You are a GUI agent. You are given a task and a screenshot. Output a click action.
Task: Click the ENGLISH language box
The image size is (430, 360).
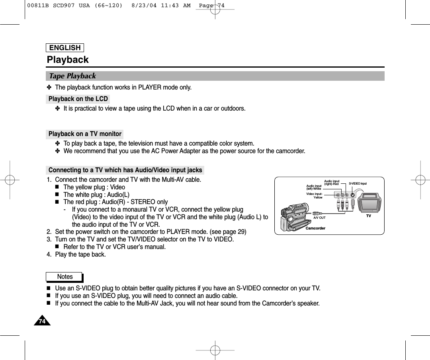pyautogui.click(x=65, y=48)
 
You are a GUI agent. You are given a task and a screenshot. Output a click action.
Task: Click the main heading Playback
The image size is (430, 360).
pyautogui.click(x=68, y=60)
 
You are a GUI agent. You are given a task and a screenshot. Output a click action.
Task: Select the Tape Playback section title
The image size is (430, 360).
pyautogui.click(x=72, y=76)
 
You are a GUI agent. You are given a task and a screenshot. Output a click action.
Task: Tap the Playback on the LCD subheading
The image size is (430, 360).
pyautogui.click(x=78, y=99)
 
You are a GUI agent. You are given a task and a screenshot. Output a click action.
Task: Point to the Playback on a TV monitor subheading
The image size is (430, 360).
pyautogui.click(x=85, y=134)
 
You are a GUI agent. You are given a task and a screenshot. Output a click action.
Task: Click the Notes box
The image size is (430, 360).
pyautogui.click(x=64, y=276)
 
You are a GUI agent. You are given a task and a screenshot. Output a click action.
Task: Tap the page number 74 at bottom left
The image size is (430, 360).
pyautogui.click(x=41, y=321)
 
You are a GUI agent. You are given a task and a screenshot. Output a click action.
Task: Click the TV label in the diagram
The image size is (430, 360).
pyautogui.click(x=368, y=216)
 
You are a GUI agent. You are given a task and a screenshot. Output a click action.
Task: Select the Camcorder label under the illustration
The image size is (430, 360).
pyautogui.click(x=315, y=228)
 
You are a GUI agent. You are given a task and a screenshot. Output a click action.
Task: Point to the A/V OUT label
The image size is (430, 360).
pyautogui.click(x=319, y=218)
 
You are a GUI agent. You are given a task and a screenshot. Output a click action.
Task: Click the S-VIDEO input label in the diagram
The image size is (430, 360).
pyautogui.click(x=358, y=183)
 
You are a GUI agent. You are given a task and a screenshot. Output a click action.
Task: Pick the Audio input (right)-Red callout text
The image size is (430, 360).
pyautogui.click(x=331, y=183)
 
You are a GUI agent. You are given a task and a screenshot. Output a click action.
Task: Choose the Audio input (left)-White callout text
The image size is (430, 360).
pyautogui.click(x=314, y=187)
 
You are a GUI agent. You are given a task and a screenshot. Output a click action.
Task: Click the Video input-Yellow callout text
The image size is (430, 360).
pyautogui.click(x=314, y=195)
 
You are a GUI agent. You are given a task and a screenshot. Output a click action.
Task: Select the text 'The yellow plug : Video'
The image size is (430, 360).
pyautogui.click(x=94, y=187)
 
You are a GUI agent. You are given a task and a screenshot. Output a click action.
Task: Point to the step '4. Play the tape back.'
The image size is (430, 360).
pyautogui.click(x=76, y=255)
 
